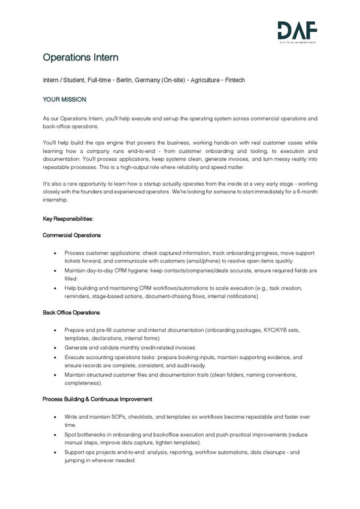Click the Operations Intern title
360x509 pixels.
80,58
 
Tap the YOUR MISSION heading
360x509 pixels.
64,98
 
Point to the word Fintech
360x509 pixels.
233,80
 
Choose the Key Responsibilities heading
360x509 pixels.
68,218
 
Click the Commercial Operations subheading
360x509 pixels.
72,235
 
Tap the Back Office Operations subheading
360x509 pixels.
71,312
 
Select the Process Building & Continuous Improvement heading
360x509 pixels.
97,400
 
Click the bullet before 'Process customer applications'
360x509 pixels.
54,253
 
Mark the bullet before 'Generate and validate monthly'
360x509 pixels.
54,347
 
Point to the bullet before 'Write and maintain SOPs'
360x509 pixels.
54,418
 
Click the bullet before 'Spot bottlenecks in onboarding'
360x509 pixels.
54,435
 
